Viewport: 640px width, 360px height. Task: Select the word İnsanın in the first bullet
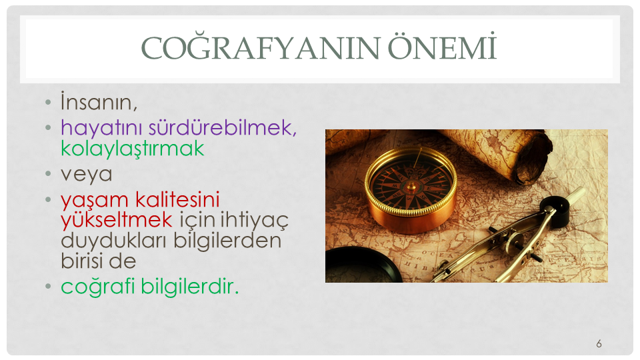point(99,101)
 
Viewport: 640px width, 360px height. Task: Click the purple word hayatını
point(101,128)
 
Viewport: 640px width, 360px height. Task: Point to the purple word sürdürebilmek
point(223,128)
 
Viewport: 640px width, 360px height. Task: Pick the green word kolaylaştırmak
point(132,149)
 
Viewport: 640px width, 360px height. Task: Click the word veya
point(87,175)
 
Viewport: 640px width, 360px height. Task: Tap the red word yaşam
point(95,201)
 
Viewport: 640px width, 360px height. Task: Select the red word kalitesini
point(177,199)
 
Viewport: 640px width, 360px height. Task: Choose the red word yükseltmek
point(117,220)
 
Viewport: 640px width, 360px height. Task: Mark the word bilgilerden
point(227,241)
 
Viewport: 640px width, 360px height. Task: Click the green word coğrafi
point(98,287)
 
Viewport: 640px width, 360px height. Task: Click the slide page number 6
point(599,344)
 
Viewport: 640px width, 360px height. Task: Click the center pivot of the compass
point(411,187)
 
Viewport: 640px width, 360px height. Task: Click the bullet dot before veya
point(48,174)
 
